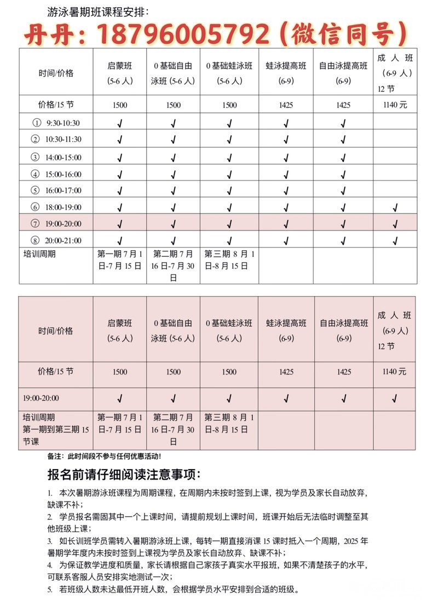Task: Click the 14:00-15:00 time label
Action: click(63, 158)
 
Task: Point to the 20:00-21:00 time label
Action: click(63, 240)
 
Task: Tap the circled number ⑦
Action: click(36, 224)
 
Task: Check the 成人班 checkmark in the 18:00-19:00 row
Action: click(395, 207)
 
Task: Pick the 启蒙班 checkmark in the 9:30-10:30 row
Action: click(120, 123)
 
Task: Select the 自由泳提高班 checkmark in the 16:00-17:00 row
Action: click(343, 191)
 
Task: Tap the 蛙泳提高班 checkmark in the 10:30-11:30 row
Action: click(286, 140)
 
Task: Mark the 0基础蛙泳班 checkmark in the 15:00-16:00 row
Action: click(230, 175)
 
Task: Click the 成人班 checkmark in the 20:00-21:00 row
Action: click(395, 241)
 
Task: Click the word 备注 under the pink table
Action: click(55, 456)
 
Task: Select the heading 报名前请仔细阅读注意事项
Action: click(124, 474)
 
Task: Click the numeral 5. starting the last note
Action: click(50, 590)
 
